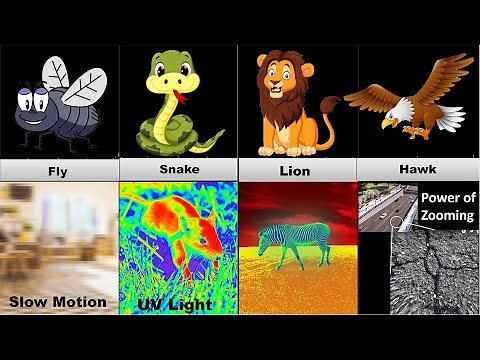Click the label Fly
57,171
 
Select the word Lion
295,171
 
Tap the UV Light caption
177,302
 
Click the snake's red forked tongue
180,98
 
